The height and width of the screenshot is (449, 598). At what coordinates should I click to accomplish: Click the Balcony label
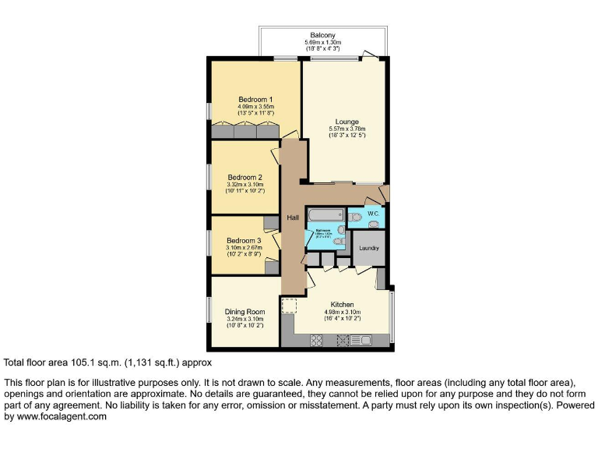tap(322, 36)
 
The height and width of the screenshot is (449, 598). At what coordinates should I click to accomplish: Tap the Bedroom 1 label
tap(255, 99)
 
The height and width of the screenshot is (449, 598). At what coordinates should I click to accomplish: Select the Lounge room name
tap(346, 122)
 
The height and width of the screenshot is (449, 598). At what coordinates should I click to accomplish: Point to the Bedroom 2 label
tap(244, 177)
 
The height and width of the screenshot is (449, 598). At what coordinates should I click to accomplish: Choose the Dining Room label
tap(244, 311)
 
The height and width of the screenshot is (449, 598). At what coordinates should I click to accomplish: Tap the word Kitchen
tap(342, 304)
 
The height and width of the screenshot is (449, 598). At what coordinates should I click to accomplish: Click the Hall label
tap(293, 217)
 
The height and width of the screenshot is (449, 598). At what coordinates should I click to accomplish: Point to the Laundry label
tap(369, 249)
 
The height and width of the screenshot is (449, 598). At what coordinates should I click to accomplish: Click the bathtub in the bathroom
tap(325, 214)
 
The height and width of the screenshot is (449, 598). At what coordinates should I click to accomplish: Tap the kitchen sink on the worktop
tap(362, 339)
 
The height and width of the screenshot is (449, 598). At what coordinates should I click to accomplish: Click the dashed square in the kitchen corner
tap(289, 306)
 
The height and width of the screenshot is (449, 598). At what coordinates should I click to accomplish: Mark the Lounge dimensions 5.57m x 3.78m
tap(346, 129)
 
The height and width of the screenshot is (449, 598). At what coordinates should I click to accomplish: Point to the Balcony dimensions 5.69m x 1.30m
tap(322, 43)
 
